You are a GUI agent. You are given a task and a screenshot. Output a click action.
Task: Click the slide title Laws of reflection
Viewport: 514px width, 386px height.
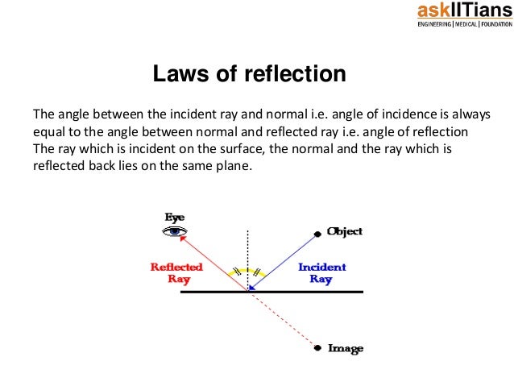[250, 75]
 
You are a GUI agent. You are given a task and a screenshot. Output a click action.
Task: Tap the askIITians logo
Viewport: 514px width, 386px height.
[457, 10]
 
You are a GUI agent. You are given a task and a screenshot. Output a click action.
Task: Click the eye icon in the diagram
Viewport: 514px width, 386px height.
[175, 232]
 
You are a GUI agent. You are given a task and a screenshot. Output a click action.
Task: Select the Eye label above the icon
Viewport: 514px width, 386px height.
[175, 217]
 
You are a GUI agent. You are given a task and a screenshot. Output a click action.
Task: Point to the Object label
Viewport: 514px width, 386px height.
[344, 231]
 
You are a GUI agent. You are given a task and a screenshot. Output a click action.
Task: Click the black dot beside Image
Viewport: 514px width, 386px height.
[320, 348]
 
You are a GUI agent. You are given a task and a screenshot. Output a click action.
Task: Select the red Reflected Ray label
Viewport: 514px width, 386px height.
[176, 272]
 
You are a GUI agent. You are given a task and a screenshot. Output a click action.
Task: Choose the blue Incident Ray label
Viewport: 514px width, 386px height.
[321, 272]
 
